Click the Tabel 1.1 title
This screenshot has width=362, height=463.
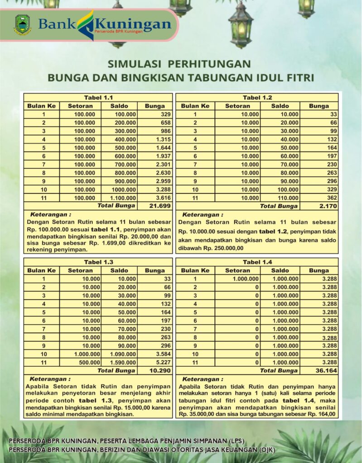click(98, 98)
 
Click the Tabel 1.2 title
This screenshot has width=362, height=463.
click(257, 98)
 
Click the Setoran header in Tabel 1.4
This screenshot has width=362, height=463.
click(237, 270)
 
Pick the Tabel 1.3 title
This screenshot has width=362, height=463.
click(98, 262)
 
